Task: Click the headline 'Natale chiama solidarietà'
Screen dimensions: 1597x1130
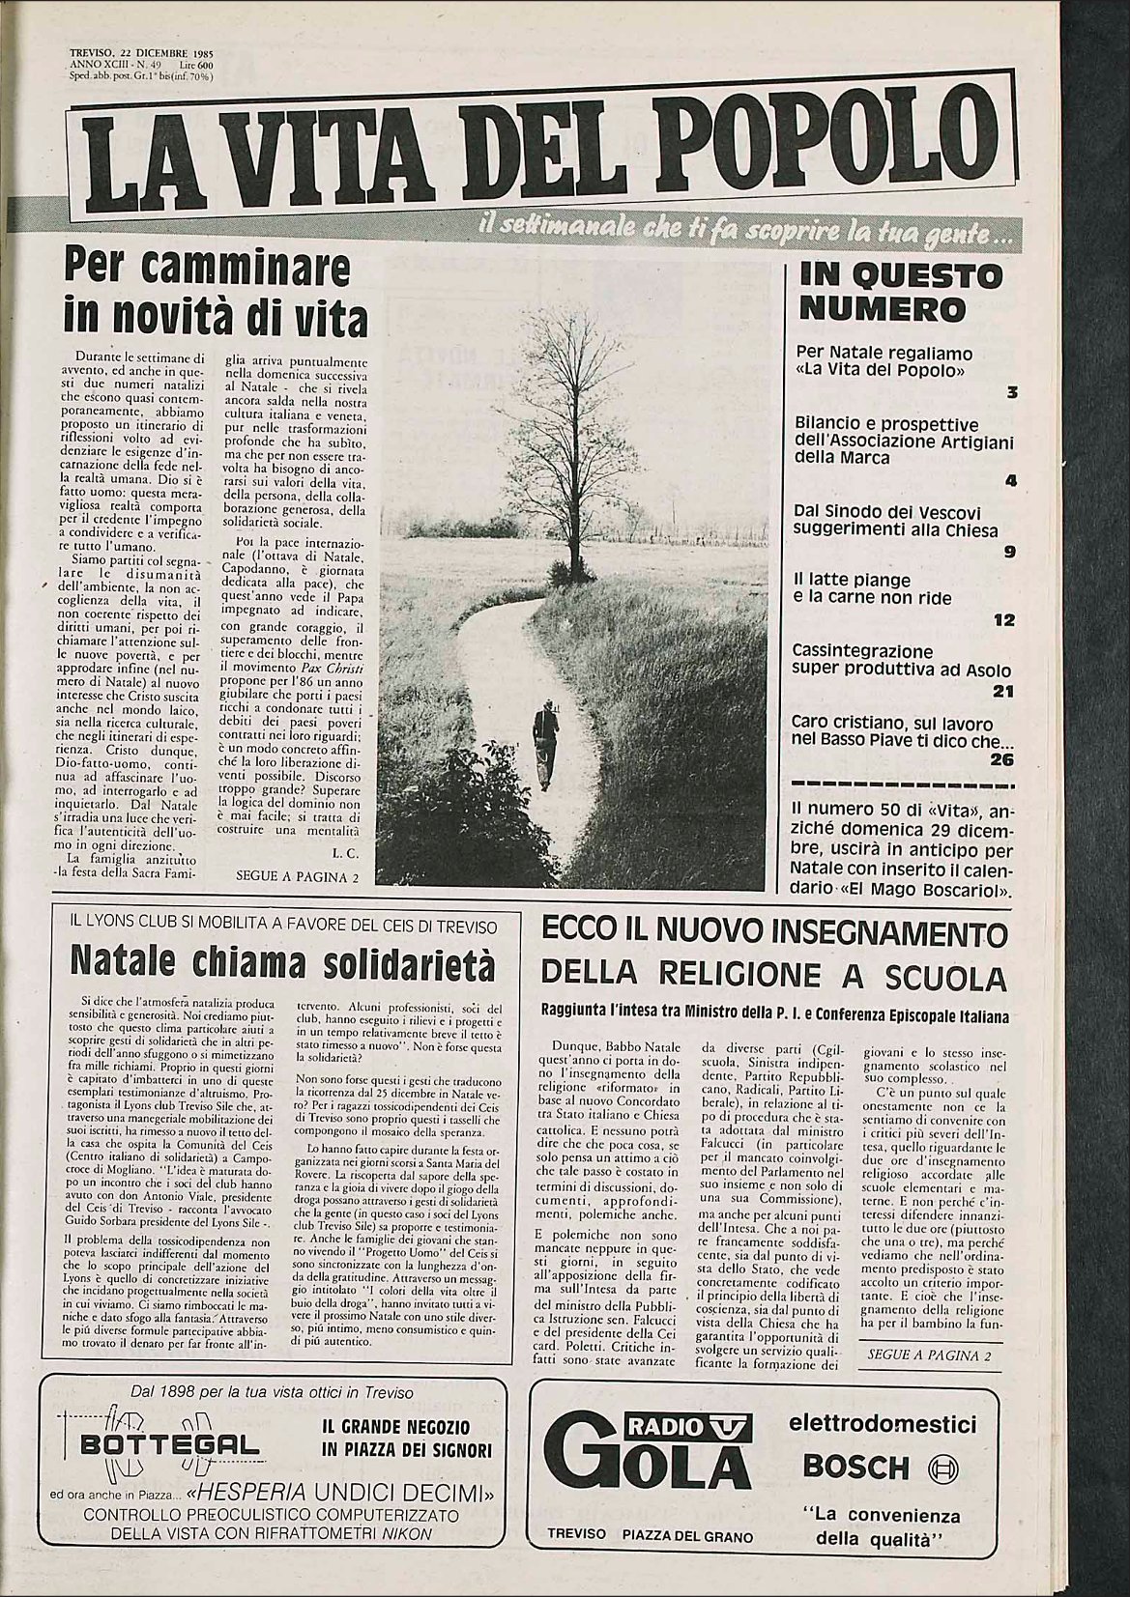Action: tap(281, 962)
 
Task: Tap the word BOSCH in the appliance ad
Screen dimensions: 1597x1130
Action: tap(856, 1467)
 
